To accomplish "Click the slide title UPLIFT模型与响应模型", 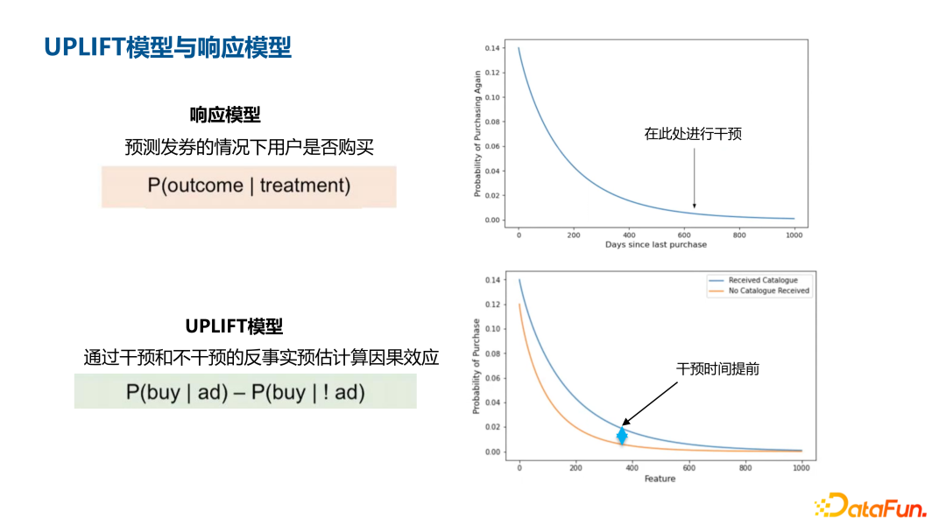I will pos(167,47).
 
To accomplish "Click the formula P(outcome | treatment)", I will pos(249,185).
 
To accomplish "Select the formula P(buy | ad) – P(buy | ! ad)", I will pos(245,392).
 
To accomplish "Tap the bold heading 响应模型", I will pos(225,115).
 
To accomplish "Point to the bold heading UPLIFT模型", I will pos(234,326).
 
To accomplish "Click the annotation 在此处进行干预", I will pos(693,134).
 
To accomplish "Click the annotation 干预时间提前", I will pos(717,369).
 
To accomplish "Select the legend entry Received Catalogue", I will pos(762,281).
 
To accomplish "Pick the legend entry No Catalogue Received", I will pos(768,290).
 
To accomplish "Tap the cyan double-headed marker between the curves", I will pos(622,435).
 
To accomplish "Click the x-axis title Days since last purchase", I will pos(655,245).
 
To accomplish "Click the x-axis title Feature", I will pos(660,479).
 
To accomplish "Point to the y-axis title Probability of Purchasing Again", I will pos(478,133).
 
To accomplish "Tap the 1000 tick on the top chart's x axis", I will pos(794,234).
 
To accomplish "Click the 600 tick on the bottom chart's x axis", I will pos(688,468).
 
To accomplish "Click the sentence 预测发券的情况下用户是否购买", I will pos(249,147).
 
